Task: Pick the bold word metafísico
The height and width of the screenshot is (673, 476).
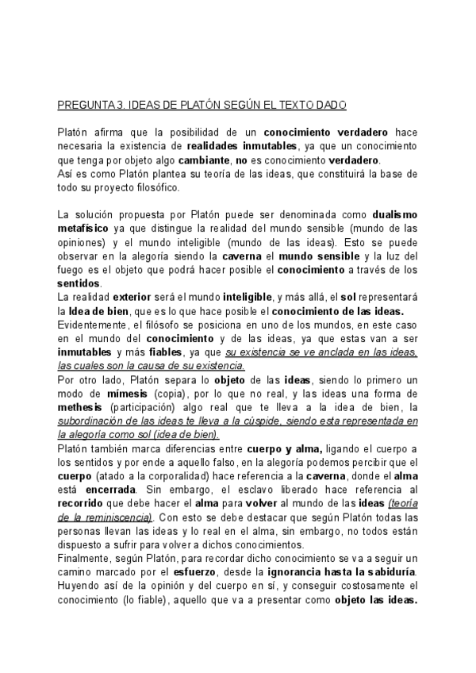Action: point(85,229)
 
